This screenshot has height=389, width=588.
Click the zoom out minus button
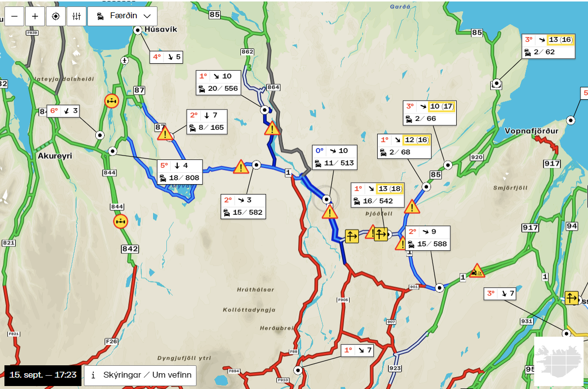tap(14, 16)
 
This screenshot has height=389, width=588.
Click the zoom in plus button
tap(35, 16)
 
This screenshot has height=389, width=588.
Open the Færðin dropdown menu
tap(122, 16)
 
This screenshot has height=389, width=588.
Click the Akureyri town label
tap(55, 156)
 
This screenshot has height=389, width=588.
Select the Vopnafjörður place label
tap(531, 131)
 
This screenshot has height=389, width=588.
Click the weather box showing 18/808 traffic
tap(180, 172)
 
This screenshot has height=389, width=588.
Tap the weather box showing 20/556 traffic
tap(218, 82)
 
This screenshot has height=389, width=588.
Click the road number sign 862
tap(247, 52)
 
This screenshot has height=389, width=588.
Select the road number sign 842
tap(130, 249)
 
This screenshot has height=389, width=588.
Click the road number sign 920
tap(476, 157)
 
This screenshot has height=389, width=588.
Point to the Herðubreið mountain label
tap(276, 328)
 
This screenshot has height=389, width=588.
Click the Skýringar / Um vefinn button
tap(140, 375)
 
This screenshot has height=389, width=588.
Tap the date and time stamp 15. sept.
tap(43, 375)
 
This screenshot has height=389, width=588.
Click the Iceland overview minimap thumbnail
tap(558, 361)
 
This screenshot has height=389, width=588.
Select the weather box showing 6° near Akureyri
tap(64, 111)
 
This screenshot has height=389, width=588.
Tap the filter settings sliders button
tap(76, 16)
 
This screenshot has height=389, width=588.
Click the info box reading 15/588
tap(428, 238)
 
